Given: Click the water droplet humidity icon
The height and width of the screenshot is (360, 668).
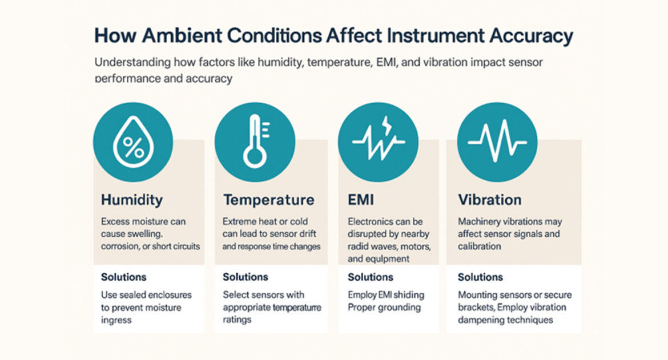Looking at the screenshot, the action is coord(134,141).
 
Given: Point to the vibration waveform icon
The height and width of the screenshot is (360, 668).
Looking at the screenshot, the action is coord(497,141).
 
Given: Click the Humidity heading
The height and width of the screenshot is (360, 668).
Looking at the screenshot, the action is coord(132,200).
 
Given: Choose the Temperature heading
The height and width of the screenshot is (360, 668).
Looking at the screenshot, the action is coord(269,200).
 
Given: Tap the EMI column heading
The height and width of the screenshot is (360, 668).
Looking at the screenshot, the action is coord(361,200).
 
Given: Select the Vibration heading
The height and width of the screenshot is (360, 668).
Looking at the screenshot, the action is coord(489,200).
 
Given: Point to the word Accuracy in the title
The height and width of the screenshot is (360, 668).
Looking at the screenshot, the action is coord(531,37).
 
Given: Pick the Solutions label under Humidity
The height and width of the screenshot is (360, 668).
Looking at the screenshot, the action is coord(123,277).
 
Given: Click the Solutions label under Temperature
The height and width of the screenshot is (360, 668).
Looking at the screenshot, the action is coord(246,277).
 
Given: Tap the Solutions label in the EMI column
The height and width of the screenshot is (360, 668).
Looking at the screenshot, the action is coord(370,277).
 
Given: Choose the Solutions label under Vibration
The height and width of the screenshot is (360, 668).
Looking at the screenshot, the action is coord(480,277).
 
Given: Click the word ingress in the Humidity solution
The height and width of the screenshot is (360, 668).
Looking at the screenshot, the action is coord(116,321).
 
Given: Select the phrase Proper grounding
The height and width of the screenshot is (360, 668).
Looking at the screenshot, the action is coord(384,308).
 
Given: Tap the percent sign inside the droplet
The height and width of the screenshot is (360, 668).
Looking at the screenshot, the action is coord(134,147).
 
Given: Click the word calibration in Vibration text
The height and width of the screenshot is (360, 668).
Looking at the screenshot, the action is coord(479,246).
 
